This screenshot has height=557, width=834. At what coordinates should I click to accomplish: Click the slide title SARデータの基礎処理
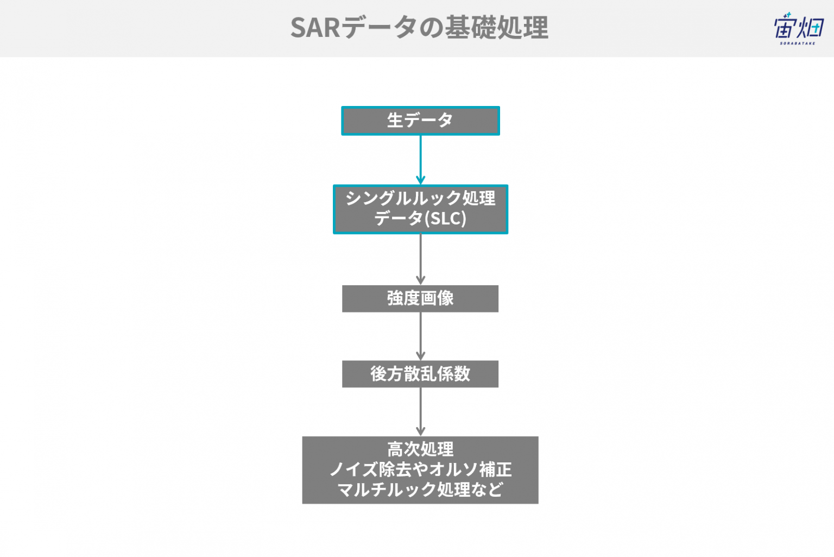click(419, 28)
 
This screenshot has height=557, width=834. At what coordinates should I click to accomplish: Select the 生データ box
click(420, 121)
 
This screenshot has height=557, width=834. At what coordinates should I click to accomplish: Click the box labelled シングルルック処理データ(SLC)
click(420, 209)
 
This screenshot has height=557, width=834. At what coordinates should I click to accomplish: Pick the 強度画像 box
click(420, 299)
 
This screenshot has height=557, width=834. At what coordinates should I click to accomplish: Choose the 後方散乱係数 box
click(420, 374)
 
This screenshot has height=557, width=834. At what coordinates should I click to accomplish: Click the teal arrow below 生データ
click(420, 160)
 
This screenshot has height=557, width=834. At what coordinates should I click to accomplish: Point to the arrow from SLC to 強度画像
click(420, 259)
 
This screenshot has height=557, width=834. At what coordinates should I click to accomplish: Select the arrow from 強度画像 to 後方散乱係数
click(420, 336)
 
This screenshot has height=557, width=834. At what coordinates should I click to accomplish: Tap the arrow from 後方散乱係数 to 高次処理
click(420, 412)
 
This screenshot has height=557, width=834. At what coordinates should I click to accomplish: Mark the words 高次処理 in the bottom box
click(420, 449)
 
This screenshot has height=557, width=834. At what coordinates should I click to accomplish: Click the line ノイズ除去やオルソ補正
click(420, 470)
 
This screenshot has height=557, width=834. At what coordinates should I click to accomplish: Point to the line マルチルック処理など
click(420, 490)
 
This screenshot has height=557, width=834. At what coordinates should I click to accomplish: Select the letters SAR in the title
click(315, 28)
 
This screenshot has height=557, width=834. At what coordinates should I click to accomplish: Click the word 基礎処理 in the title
click(497, 28)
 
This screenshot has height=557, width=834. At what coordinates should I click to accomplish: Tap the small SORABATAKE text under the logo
click(798, 43)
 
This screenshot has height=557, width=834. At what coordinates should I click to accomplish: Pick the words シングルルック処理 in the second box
click(420, 198)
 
